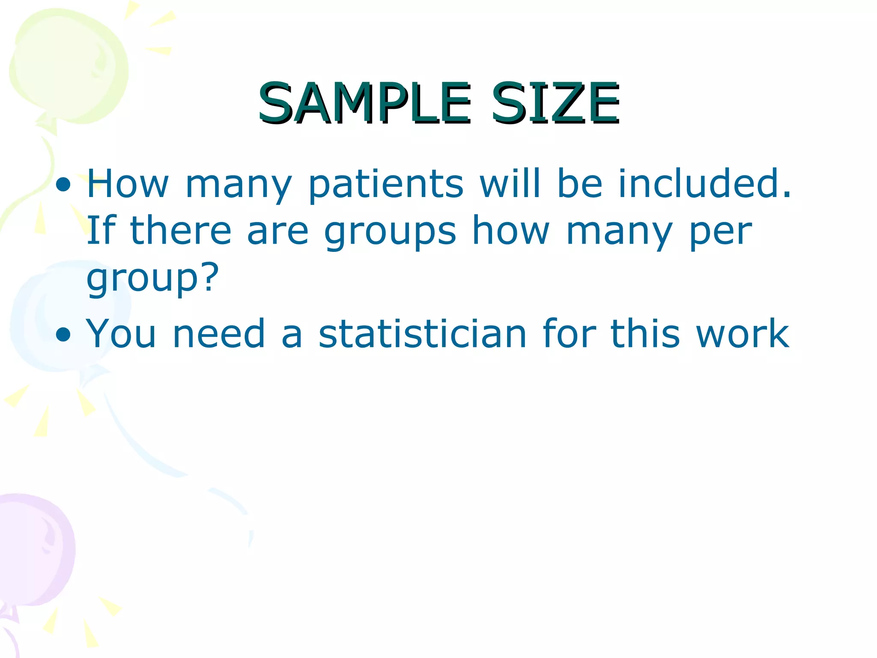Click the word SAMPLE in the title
(364, 103)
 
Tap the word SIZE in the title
(555, 103)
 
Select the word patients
(386, 185)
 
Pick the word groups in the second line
(390, 232)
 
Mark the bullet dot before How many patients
(63, 185)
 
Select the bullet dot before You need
(63, 335)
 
